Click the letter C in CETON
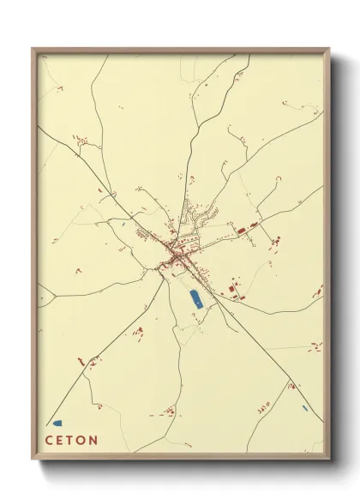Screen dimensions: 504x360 tap(49, 441)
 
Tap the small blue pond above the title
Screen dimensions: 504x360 tap(57, 423)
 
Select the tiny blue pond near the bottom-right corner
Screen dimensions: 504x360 tap(304, 408)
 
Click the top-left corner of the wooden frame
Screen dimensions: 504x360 tap(33, 48)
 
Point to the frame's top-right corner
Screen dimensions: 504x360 tap(330, 48)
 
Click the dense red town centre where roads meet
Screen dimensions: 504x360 tap(176, 255)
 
